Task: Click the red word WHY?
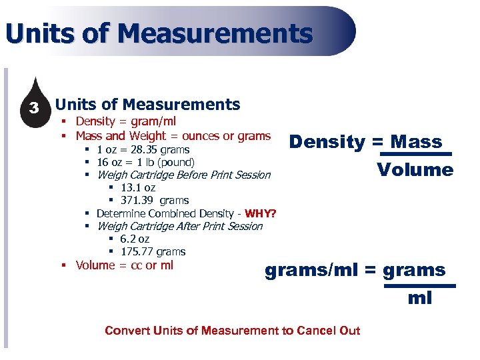click(261, 214)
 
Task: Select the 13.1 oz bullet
click(138, 188)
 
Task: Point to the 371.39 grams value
click(154, 201)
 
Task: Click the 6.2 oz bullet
click(135, 239)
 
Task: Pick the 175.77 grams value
click(153, 252)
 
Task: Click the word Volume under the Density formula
click(415, 170)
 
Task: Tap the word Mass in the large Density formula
click(417, 142)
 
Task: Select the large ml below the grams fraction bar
click(420, 298)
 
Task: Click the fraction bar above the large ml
click(420, 285)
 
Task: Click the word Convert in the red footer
click(127, 331)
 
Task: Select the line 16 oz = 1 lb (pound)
click(145, 163)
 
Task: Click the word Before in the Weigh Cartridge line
click(195, 175)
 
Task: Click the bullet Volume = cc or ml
click(124, 265)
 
